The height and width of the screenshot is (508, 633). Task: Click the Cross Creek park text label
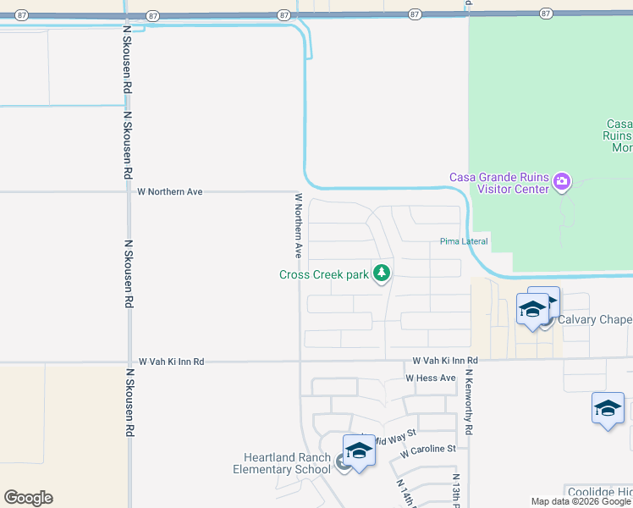tap(324, 274)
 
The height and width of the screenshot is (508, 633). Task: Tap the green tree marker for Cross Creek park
tap(383, 273)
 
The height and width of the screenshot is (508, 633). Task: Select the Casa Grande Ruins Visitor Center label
tap(498, 183)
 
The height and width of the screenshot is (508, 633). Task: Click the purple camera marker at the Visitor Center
tap(561, 181)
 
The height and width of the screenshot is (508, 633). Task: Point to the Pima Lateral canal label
tap(464, 242)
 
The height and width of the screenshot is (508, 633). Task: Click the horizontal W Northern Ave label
tap(170, 192)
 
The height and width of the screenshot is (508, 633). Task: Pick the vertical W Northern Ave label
tap(298, 225)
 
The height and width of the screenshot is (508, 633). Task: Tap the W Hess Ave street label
tap(431, 378)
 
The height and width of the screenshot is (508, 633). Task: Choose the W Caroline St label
tap(428, 449)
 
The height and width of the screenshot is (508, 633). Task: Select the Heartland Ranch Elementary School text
tap(282, 463)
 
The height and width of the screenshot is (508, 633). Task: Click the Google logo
tap(28, 498)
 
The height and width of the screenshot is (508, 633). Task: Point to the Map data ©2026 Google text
tap(581, 501)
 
